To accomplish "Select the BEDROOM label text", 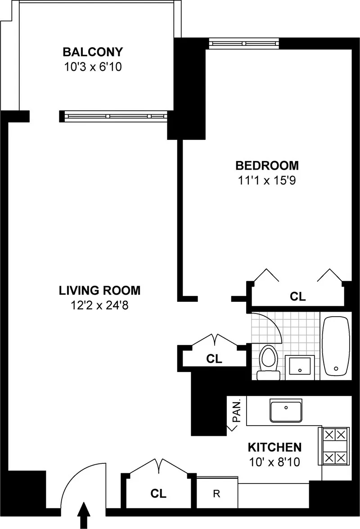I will point(267,165).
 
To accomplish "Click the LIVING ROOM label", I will point(99,291).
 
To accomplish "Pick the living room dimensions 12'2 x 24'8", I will point(99,306).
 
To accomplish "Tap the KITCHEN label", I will point(274,447).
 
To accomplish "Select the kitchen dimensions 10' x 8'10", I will point(274,462).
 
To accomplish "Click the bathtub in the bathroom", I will point(336,346).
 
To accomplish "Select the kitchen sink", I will point(286,410).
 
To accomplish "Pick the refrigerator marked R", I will point(216,493).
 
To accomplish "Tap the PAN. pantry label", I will point(238,410).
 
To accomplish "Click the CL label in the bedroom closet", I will point(297,297).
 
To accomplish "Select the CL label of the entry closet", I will point(158,494).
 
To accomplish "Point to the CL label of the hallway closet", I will point(214,359).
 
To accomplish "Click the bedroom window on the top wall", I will point(244,43).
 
